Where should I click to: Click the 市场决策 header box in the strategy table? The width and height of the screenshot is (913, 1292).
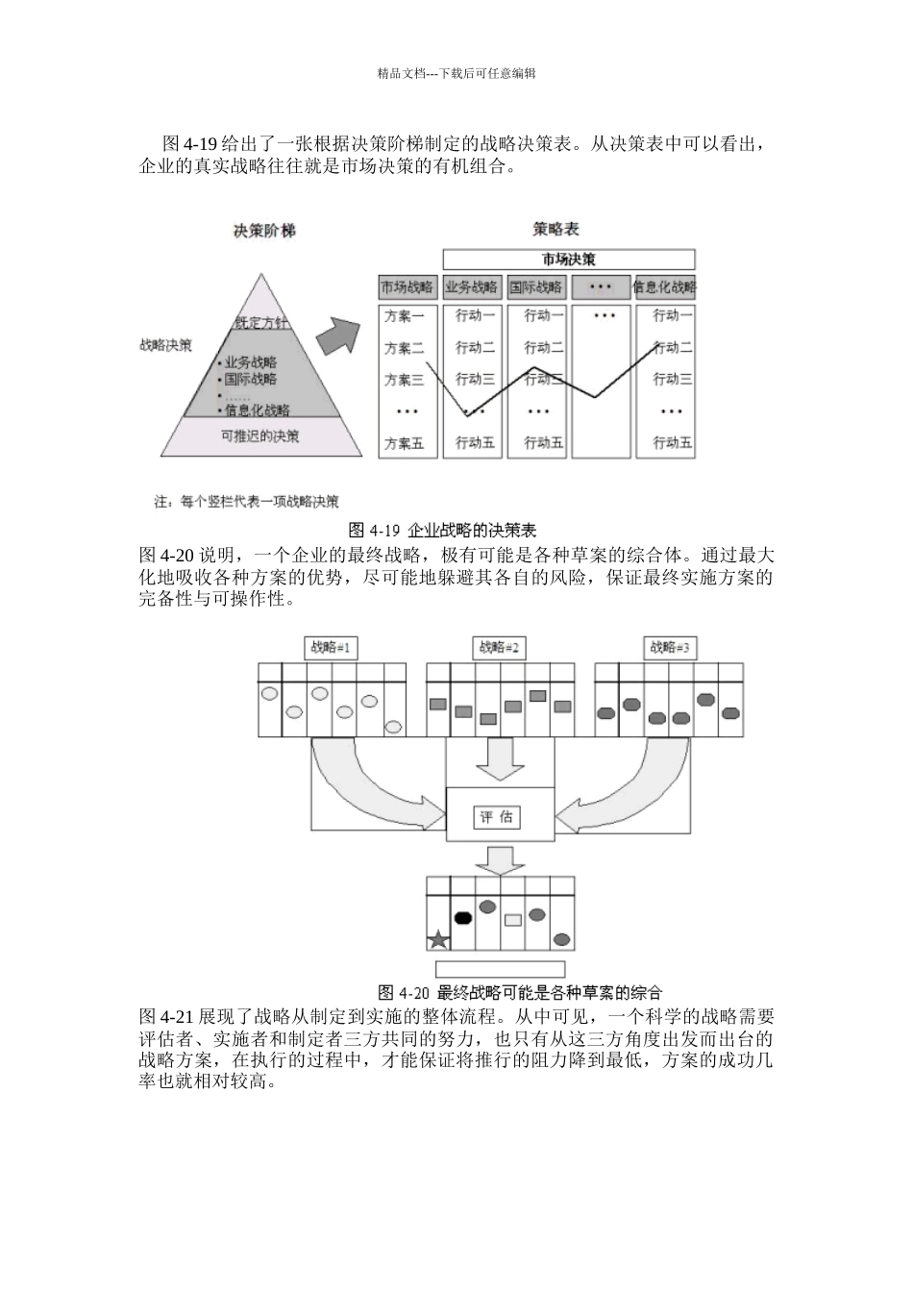568,260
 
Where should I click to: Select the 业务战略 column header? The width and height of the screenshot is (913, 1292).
472,286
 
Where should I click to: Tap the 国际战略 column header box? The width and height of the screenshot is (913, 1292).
536,286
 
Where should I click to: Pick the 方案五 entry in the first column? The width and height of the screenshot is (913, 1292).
405,443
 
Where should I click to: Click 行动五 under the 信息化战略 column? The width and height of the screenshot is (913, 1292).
672,443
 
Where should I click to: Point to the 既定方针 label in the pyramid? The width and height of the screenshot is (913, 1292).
260,323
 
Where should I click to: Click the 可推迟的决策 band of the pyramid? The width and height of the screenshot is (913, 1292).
260,435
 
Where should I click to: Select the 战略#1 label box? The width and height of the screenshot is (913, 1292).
331,648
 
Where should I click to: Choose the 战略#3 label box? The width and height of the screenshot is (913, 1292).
670,648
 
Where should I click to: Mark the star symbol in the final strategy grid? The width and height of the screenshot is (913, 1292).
438,940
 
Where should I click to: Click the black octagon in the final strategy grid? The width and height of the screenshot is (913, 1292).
463,917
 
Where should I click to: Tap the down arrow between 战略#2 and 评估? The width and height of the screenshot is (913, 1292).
498,759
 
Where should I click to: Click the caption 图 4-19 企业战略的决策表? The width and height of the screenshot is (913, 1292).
441,530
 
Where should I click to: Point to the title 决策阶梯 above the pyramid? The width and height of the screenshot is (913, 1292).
264,231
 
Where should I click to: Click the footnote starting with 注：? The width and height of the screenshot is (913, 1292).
246,501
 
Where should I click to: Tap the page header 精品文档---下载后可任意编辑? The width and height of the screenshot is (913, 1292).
456,73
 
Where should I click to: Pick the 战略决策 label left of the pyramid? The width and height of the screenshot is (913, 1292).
165,344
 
